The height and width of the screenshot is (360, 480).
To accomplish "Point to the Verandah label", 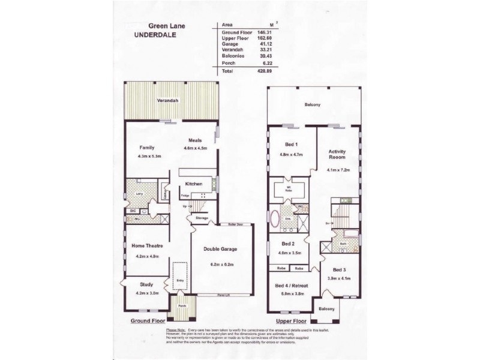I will click(x=167, y=101).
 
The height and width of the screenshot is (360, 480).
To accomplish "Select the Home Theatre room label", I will click(x=147, y=245).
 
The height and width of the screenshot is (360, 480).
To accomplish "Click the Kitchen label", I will click(x=193, y=184).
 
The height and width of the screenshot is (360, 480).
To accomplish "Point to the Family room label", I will click(x=147, y=147).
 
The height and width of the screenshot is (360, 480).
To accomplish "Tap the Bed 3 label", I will click(x=340, y=270).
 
